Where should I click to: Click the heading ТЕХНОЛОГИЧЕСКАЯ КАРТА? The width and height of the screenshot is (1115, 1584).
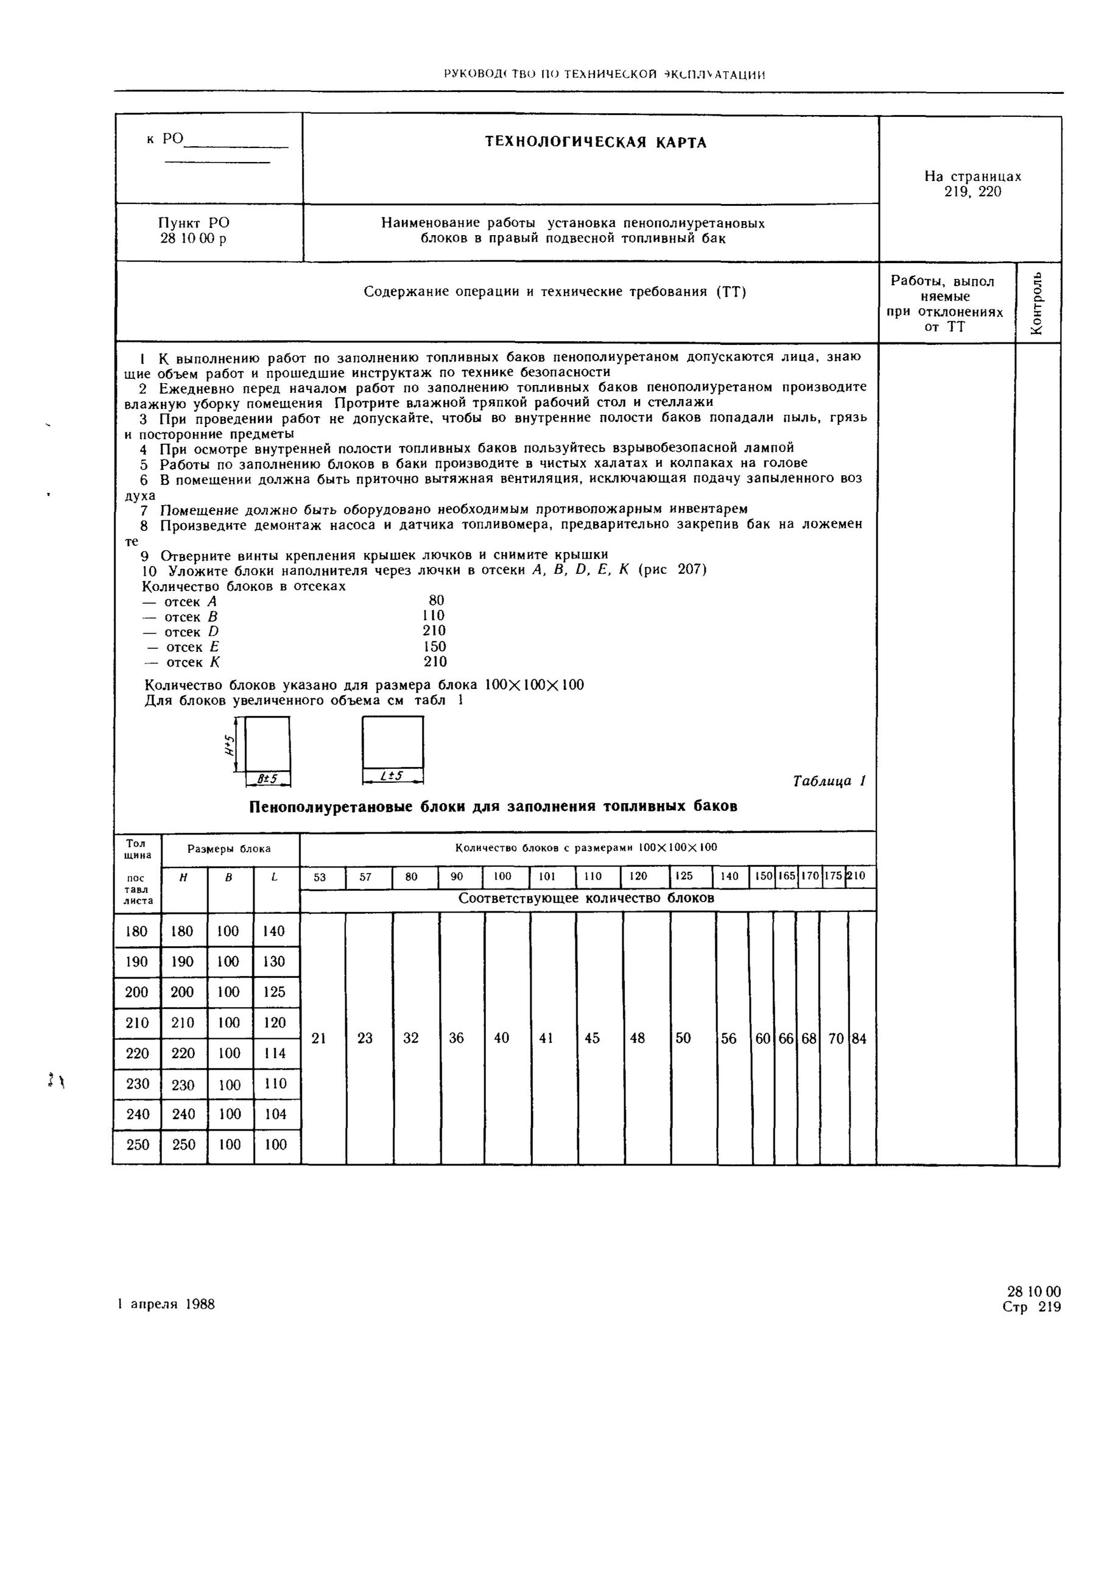point(596,143)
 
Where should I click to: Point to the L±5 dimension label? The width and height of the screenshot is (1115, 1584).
point(392,776)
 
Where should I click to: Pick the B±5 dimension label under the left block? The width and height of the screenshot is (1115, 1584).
point(267,779)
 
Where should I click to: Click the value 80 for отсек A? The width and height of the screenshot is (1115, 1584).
point(436,600)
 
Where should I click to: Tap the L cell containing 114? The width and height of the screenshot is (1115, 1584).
point(275,1053)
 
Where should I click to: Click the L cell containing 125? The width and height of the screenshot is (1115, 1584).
point(275,992)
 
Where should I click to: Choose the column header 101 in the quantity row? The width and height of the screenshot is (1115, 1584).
point(547,876)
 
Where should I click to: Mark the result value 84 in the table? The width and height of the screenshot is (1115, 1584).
point(859,1038)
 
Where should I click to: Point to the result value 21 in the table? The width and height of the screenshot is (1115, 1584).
point(318,1038)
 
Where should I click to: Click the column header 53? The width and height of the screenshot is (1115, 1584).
point(320,877)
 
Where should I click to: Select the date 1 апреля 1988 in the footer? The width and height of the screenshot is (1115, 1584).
point(166,1304)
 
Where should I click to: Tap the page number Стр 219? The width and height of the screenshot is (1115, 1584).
point(1032,1307)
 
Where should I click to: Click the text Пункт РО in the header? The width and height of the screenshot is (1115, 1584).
point(194,223)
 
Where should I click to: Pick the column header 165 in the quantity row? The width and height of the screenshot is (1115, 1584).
point(787,876)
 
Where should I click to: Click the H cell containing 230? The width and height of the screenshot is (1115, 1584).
point(183,1084)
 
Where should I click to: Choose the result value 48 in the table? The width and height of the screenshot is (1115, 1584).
point(637,1038)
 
